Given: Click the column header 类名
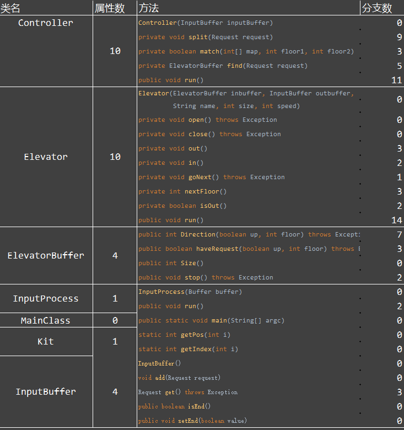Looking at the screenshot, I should (11, 8).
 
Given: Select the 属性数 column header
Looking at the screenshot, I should (110, 8).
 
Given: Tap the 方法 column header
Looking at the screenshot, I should (149, 8).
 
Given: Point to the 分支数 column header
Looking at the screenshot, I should (377, 8).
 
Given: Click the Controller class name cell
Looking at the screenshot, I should (46, 23).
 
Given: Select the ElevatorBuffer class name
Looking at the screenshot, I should (46, 256).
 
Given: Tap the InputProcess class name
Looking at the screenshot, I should (46, 299).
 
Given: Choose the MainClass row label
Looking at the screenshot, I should (46, 321).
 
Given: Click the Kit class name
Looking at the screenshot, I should (46, 342).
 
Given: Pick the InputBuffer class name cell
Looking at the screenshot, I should (46, 392).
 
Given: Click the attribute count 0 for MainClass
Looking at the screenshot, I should (115, 321).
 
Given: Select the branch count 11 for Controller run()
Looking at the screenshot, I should (396, 80).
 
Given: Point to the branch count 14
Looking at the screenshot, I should (396, 221).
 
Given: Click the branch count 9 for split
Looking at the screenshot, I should (399, 37).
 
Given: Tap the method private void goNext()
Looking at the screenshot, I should (212, 178).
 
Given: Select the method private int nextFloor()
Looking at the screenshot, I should (182, 192).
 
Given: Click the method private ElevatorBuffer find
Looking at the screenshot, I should (223, 66).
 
